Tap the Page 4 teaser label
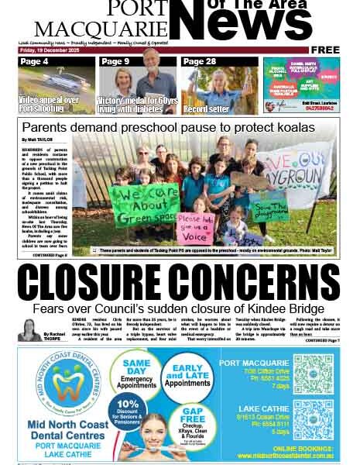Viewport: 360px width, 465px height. (x=35, y=61)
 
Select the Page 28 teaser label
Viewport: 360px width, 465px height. (x=200, y=61)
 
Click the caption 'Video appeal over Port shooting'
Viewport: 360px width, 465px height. (x=49, y=105)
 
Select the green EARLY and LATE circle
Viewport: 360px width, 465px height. (x=188, y=377)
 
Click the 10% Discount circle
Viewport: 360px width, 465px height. (x=129, y=410)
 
